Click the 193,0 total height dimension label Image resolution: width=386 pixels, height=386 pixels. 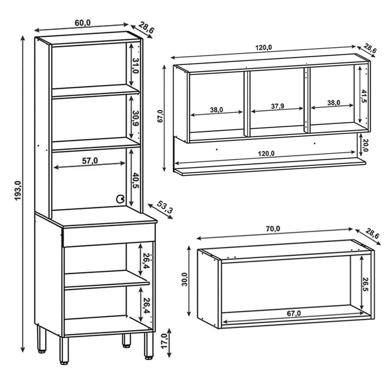click(x=18, y=191)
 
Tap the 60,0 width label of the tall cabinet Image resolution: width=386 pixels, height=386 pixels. click(x=83, y=23)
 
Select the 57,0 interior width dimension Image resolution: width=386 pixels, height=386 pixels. click(x=90, y=161)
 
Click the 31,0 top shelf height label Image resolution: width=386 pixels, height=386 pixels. click(x=136, y=66)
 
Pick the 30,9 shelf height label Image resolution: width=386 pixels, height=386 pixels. click(x=136, y=118)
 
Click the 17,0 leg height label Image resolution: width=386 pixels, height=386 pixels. click(x=164, y=341)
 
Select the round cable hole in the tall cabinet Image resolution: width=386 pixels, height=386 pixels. click(x=120, y=199)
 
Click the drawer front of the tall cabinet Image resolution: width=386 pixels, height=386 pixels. click(x=109, y=235)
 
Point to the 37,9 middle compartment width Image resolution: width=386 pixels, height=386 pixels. click(x=277, y=106)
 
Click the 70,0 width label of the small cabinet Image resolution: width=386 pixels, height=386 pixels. click(x=273, y=229)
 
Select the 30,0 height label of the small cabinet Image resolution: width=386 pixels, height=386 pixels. click(x=185, y=279)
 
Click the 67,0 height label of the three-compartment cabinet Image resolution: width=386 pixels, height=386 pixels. click(x=160, y=116)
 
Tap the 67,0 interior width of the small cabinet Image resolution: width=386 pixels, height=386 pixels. click(x=294, y=313)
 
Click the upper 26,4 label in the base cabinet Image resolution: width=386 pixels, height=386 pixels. click(x=146, y=260)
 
